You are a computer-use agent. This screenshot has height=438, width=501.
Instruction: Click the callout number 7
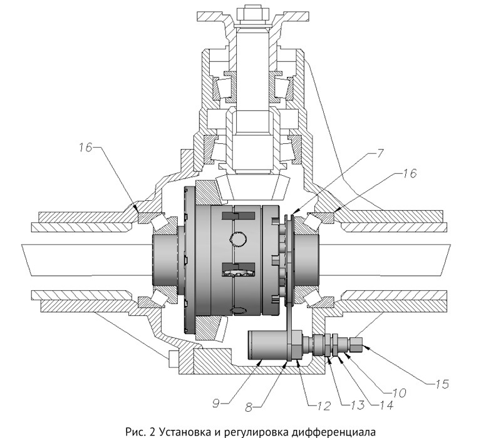(x=380, y=153)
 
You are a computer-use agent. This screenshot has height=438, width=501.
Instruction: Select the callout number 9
(x=216, y=404)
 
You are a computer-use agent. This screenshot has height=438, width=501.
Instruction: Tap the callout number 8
(x=249, y=407)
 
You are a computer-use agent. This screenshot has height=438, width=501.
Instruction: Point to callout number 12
(x=323, y=406)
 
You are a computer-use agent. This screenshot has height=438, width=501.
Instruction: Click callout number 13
(x=357, y=405)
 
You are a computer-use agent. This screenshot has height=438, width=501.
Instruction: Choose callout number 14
(x=386, y=405)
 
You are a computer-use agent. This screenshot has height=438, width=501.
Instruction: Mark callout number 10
(x=398, y=393)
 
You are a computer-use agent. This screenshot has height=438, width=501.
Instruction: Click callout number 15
(x=442, y=384)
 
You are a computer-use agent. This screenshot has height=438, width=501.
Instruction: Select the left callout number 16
(x=86, y=147)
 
